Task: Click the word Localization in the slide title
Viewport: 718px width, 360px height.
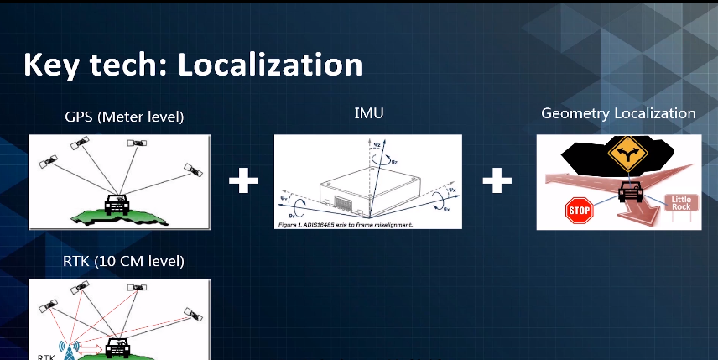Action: pyautogui.click(x=270, y=65)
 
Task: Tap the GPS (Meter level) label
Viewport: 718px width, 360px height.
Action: pyautogui.click(x=123, y=117)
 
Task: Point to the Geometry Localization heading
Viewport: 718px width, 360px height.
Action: pyautogui.click(x=618, y=113)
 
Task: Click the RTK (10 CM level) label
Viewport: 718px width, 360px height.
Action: pyautogui.click(x=123, y=261)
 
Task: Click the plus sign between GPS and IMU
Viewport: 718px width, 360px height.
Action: pyautogui.click(x=243, y=180)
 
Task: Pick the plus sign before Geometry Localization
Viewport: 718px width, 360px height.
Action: pyautogui.click(x=497, y=180)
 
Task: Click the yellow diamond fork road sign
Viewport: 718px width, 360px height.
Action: pyautogui.click(x=625, y=154)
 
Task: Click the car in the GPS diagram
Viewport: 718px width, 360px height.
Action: pyautogui.click(x=117, y=202)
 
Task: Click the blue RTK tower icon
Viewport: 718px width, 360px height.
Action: pyautogui.click(x=69, y=347)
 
